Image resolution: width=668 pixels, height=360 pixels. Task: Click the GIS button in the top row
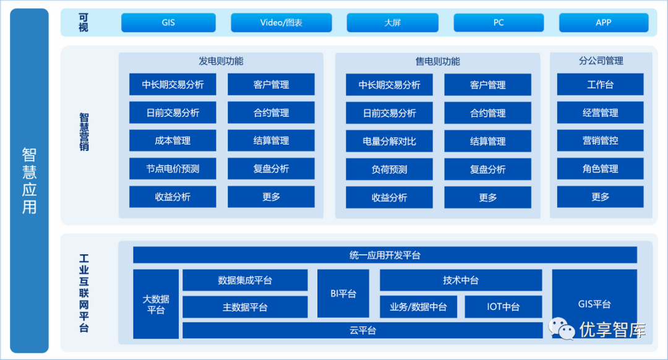(x=168, y=23)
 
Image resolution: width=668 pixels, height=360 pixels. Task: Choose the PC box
(x=499, y=23)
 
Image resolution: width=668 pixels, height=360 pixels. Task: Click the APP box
(x=604, y=23)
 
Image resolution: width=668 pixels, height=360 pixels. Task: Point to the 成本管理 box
(x=173, y=141)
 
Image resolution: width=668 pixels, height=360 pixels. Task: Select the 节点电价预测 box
(x=173, y=169)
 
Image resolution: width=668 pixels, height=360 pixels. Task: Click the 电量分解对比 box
(x=389, y=141)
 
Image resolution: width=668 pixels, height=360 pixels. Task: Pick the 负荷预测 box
(x=389, y=169)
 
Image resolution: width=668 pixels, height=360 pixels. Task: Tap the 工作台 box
(x=600, y=85)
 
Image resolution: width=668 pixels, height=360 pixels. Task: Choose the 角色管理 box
(x=600, y=169)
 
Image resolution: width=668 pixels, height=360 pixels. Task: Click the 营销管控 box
(x=600, y=141)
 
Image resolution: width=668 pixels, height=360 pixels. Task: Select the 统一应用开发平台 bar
(x=385, y=255)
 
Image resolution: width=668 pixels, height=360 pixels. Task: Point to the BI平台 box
(x=343, y=294)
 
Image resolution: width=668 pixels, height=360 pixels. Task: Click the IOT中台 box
(x=503, y=307)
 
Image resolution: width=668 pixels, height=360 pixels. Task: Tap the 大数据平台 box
(x=156, y=304)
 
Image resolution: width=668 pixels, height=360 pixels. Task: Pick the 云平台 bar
(x=362, y=331)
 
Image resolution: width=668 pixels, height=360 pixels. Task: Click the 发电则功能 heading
(x=221, y=61)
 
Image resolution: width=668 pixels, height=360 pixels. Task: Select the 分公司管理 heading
(x=601, y=61)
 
